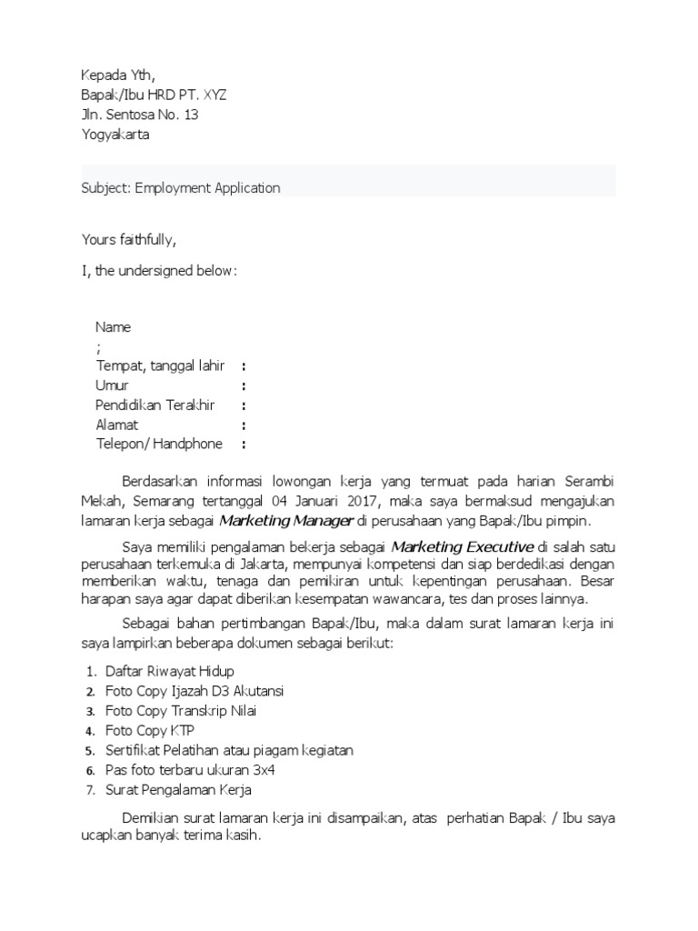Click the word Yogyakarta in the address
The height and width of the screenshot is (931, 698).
[x=115, y=135]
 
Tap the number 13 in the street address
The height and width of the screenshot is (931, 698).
[x=190, y=115]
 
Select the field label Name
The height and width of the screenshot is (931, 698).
[x=114, y=327]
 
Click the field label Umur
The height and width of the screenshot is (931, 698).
[x=113, y=385]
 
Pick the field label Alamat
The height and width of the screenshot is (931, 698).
[x=117, y=425]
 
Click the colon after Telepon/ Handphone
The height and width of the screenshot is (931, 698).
[x=244, y=445]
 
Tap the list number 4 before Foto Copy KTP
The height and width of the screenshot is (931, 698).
[x=90, y=731]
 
